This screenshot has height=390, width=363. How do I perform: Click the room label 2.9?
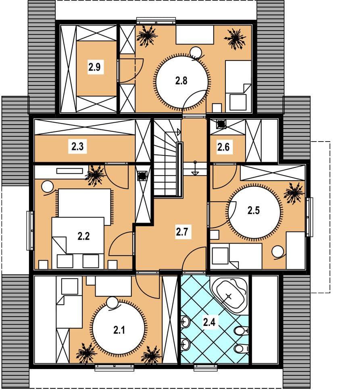pyautogui.click(x=94, y=67)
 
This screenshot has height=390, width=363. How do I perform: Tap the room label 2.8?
pyautogui.click(x=181, y=81)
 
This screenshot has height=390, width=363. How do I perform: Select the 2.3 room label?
pyautogui.click(x=77, y=146)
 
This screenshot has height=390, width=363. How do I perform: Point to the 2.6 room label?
pyautogui.click(x=223, y=147)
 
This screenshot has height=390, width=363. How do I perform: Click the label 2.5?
pyautogui.click(x=254, y=211)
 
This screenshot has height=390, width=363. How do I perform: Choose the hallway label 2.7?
pyautogui.click(x=182, y=232)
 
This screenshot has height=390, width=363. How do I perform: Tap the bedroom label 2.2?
pyautogui.click(x=83, y=236)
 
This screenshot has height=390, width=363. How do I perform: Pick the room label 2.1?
pyautogui.click(x=119, y=330)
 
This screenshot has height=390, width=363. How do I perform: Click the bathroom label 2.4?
pyautogui.click(x=209, y=322)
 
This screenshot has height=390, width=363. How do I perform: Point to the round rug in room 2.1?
pyautogui.click(x=119, y=327)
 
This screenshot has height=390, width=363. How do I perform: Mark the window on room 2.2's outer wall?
pyautogui.click(x=31, y=231)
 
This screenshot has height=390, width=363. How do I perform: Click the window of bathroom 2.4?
pyautogui.click(x=206, y=367)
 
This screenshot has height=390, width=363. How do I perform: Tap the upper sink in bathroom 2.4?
pyautogui.click(x=185, y=323)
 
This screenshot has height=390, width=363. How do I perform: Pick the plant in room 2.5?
pyautogui.click(x=294, y=193)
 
